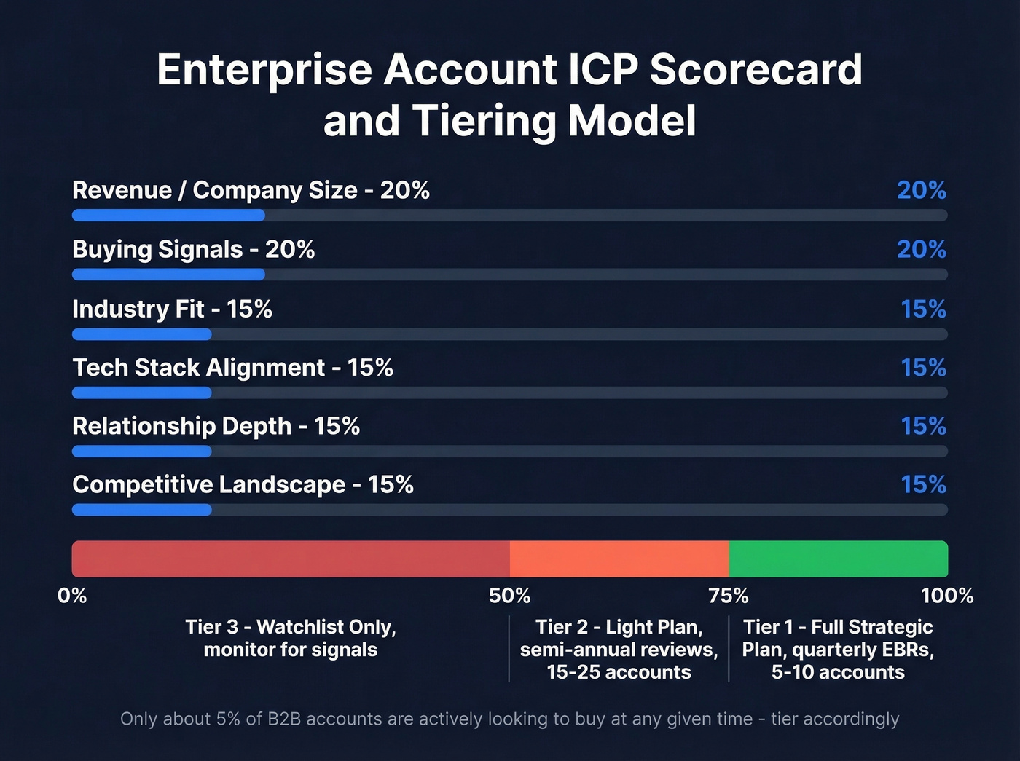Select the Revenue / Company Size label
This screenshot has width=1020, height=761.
(251, 190)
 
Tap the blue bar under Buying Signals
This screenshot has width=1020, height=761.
(168, 275)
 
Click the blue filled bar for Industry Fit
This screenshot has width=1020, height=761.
(141, 334)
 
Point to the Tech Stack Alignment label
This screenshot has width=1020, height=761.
(232, 368)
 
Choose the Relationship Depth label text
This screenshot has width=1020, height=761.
(216, 426)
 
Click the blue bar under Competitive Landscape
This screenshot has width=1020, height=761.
(141, 510)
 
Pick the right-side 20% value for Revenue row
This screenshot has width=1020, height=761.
(921, 190)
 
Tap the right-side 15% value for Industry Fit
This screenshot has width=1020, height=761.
(923, 309)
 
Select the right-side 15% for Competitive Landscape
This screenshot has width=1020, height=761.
(923, 484)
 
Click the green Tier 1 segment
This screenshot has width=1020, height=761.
(838, 559)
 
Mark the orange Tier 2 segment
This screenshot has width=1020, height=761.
(619, 559)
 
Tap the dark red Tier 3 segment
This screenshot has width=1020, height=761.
(291, 559)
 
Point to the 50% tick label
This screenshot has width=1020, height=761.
(509, 596)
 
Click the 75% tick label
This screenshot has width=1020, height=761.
(729, 596)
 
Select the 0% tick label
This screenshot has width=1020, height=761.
(72, 596)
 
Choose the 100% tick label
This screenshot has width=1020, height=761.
(946, 596)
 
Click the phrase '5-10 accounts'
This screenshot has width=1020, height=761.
(838, 672)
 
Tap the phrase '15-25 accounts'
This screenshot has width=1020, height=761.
(619, 672)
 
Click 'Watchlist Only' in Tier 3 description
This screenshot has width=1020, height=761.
(326, 627)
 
